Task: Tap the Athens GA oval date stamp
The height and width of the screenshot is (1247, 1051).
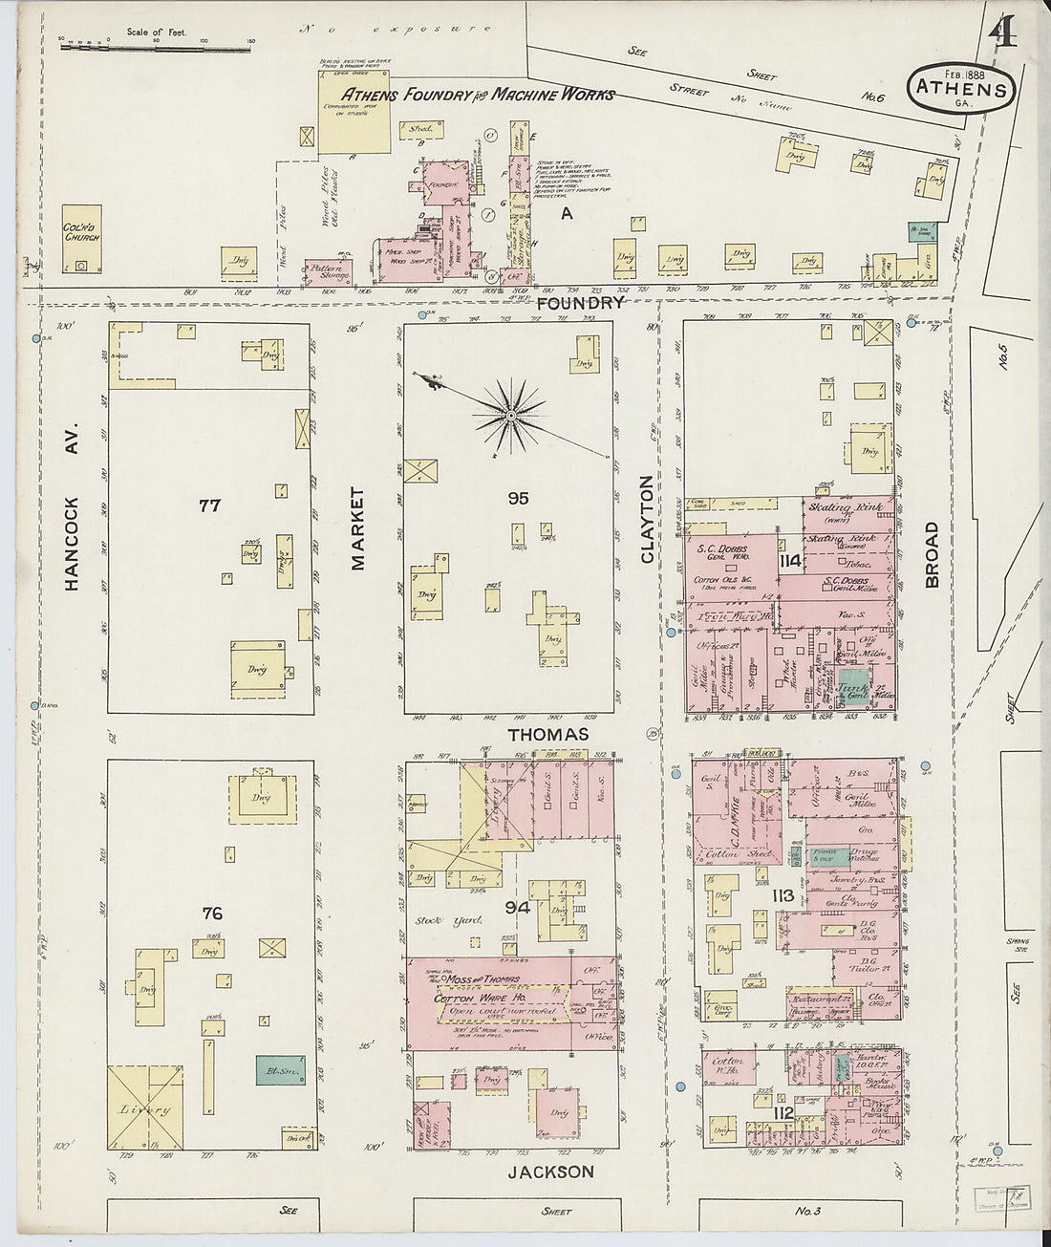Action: [x=961, y=89]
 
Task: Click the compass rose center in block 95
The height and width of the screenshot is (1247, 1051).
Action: [x=511, y=416]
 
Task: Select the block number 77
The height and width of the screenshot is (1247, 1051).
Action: [x=209, y=505]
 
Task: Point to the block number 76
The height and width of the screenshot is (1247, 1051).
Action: [x=212, y=914]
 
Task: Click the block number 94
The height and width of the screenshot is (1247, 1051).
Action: [x=518, y=906]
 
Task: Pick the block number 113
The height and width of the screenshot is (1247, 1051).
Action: [x=783, y=895]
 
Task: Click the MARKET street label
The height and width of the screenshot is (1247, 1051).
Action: [x=358, y=528]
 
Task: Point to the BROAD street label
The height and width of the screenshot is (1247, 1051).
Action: [x=932, y=554]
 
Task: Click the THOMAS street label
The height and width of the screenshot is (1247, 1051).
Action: [x=547, y=734]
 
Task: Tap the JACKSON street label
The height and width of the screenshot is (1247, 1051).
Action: [x=550, y=1172]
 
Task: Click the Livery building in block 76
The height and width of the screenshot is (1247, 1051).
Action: [x=145, y=1108]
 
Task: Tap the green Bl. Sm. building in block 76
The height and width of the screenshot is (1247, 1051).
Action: [x=275, y=1069]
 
